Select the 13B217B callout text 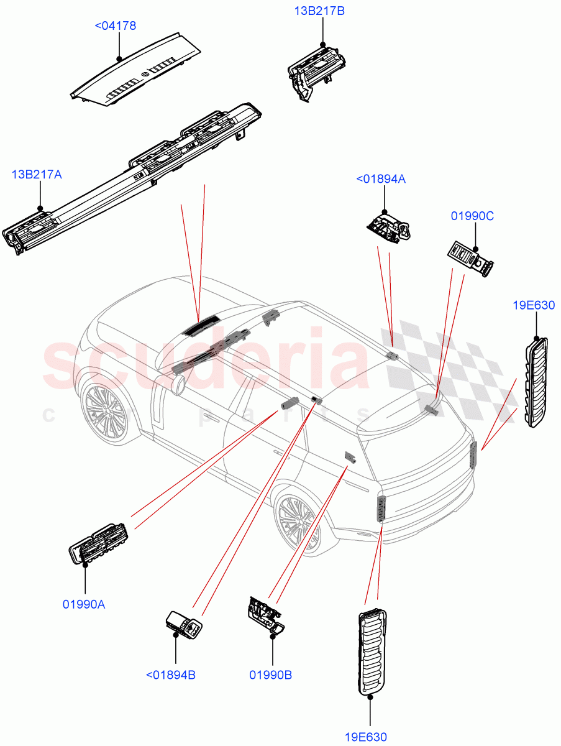pos(319,11)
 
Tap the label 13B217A pos(37,175)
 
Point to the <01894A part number pos(381,179)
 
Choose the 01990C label pos(472,216)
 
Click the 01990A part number pos(83,604)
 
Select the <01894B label pos(170,675)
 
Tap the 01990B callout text pos(271,675)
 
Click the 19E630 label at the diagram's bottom pos(366,737)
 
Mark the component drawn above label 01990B pos(264,615)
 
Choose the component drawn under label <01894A pos(388,225)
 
